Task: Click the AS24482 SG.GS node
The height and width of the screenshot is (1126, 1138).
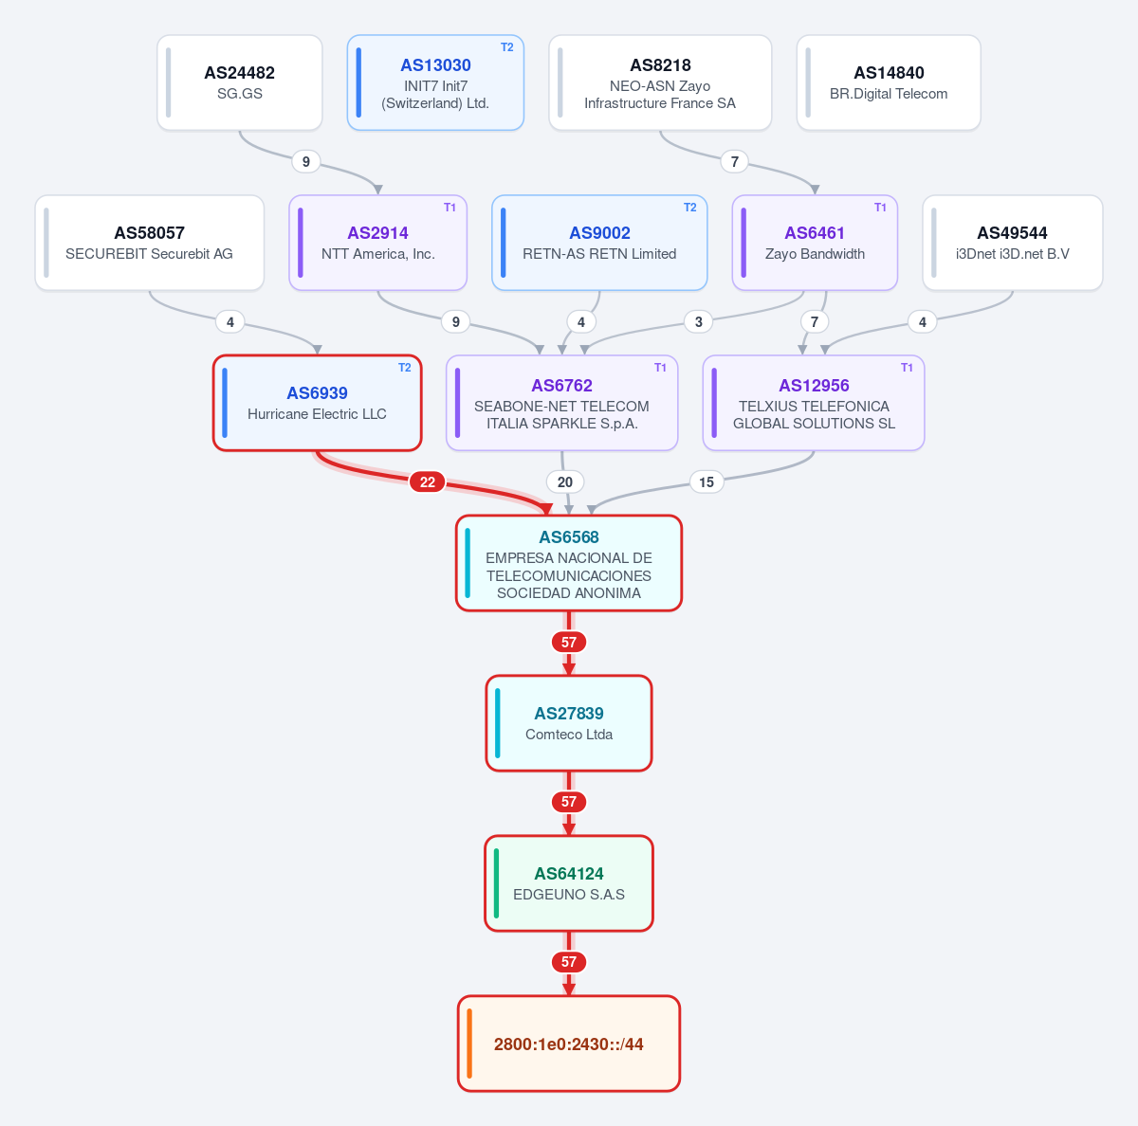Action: click(x=239, y=82)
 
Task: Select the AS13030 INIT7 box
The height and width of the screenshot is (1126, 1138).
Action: click(x=435, y=82)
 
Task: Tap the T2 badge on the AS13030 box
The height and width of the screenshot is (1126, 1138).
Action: click(x=506, y=47)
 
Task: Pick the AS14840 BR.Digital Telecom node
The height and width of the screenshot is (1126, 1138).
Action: click(x=889, y=82)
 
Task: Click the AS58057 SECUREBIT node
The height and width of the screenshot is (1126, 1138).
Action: click(x=150, y=243)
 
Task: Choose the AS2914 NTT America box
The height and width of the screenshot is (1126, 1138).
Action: click(x=378, y=243)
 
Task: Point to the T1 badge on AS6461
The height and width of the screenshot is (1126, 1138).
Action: click(x=880, y=208)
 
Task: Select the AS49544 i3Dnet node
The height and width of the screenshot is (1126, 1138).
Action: click(x=1012, y=243)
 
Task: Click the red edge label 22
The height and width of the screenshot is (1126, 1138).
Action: click(x=427, y=481)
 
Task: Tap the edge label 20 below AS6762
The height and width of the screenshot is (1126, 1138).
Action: click(x=564, y=481)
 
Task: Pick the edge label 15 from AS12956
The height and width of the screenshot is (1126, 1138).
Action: click(x=707, y=481)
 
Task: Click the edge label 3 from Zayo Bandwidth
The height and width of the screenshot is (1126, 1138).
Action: click(x=699, y=322)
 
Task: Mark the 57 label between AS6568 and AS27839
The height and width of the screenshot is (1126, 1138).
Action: click(x=569, y=642)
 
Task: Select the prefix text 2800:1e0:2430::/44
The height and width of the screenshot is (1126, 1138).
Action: click(x=569, y=1044)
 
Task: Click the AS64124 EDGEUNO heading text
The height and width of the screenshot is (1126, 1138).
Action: click(x=569, y=873)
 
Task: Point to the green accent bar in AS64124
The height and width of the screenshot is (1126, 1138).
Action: click(x=496, y=883)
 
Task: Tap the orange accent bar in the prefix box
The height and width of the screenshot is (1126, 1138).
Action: click(x=469, y=1044)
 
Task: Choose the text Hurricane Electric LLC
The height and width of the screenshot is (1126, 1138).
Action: click(x=317, y=414)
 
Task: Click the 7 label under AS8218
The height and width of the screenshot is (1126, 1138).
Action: click(x=735, y=162)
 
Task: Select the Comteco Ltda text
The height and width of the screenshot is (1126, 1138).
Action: click(x=569, y=734)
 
